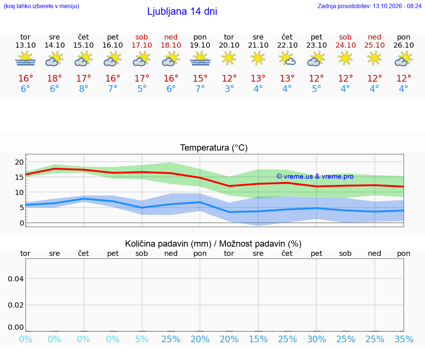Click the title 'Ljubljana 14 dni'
tap(182, 11)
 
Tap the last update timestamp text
tap(369, 6)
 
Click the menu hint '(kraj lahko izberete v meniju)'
tap(41, 6)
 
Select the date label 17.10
tap(142, 45)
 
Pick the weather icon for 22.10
tap(287, 59)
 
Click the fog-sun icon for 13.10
tap(25, 59)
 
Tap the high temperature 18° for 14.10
tap(55, 78)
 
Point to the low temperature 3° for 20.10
tap(229, 89)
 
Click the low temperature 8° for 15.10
tap(84, 89)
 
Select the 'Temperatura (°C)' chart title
tap(214, 148)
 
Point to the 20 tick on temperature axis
tap(19, 162)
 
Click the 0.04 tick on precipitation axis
tap(16, 279)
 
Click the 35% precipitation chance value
tap(404, 339)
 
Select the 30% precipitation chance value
tap(317, 339)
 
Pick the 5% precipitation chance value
tap(142, 339)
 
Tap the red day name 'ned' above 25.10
tap(374, 37)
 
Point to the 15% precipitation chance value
tap(258, 339)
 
